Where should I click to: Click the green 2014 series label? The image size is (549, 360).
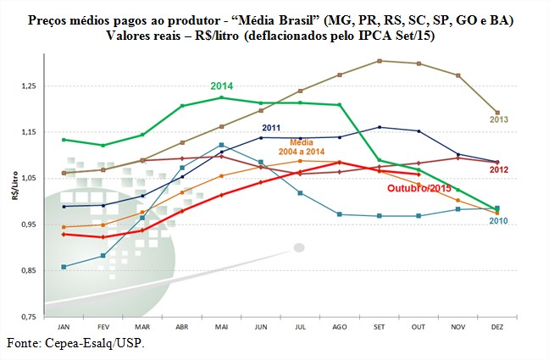pos(221,86)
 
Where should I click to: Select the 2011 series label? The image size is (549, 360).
pos(272,128)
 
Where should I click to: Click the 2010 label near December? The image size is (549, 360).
pos(499,220)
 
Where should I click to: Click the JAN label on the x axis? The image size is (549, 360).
pos(64,326)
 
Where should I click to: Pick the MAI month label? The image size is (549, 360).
pos(221,326)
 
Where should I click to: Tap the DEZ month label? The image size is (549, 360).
pos(496,326)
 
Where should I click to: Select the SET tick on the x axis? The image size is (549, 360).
pos(379,326)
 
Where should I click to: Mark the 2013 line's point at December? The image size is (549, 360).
pos(497,113)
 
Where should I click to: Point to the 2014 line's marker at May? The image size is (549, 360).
pos(221,97)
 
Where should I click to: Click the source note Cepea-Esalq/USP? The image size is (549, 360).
pos(74,344)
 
